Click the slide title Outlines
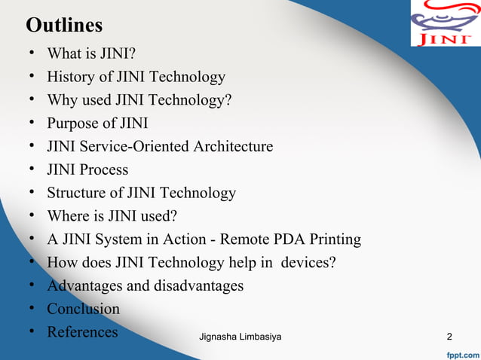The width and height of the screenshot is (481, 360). point(64,26)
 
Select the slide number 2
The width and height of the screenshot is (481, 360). point(449,336)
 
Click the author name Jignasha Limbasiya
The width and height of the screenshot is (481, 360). point(240,336)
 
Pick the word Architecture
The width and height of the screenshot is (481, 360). point(233,146)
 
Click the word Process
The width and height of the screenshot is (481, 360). point(105,169)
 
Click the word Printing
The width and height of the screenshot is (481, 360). point(334,239)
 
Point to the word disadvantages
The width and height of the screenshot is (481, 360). point(198,285)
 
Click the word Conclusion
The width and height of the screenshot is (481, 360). point(83,309)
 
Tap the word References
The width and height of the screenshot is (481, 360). point(82,331)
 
